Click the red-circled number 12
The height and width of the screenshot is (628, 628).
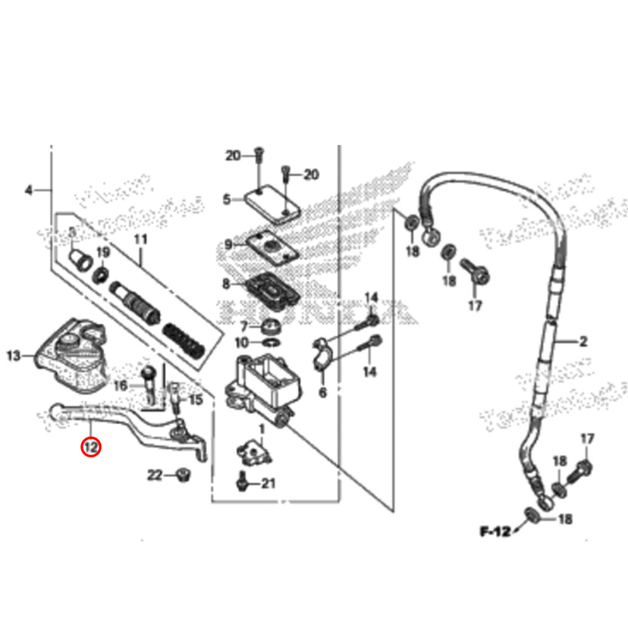91,447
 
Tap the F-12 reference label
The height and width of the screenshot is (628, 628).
495,532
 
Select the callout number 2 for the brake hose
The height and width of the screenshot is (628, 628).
583,342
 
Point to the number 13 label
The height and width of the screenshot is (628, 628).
14,357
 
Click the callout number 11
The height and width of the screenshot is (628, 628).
140,239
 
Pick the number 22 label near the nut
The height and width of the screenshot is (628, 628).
154,475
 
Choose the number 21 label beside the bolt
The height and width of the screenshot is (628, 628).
269,484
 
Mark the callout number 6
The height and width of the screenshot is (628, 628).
323,392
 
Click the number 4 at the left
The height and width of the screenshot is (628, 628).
28,190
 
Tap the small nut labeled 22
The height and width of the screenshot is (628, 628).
184,475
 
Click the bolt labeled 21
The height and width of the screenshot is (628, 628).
241,481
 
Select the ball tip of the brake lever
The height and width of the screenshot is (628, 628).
56,411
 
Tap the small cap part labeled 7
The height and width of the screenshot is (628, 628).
271,327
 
